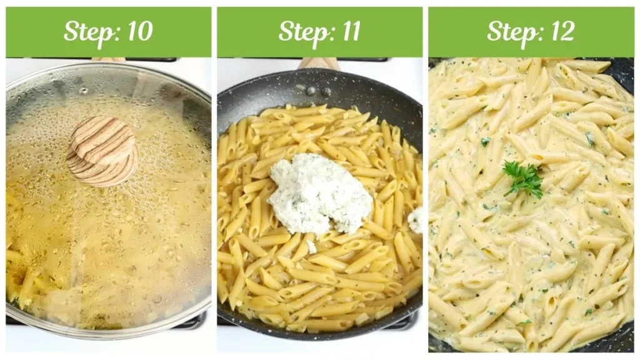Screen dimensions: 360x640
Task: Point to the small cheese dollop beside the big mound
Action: [415, 219]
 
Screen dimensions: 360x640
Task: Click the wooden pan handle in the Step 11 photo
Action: [319, 63]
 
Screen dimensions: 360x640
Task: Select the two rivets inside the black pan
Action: [318, 91]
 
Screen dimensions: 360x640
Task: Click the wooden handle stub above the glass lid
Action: [107, 60]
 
